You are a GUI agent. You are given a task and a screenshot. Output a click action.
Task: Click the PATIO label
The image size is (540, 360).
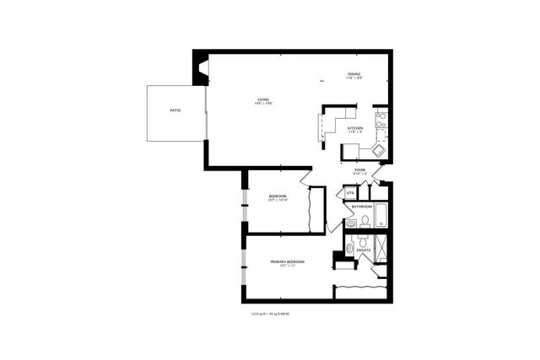pyautogui.click(x=175, y=110)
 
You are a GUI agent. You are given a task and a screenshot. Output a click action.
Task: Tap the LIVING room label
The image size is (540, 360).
pyautogui.click(x=263, y=101)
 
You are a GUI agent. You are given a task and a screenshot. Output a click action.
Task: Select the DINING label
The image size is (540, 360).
pyautogui.click(x=354, y=75)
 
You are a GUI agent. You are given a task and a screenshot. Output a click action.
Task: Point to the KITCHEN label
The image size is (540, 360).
pyautogui.click(x=355, y=128)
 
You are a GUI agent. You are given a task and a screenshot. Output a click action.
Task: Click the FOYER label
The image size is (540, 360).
pyautogui.click(x=359, y=169)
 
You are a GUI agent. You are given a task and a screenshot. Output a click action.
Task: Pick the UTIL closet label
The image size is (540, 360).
pyautogui.click(x=350, y=194)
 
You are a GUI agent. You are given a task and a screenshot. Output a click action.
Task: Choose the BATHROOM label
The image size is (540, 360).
pyautogui.click(x=362, y=206)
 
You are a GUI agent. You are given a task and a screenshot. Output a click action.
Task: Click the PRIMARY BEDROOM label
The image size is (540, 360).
pyautogui.click(x=287, y=262)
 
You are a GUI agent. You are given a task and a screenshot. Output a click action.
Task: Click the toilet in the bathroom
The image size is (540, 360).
pyautogui.click(x=364, y=221)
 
